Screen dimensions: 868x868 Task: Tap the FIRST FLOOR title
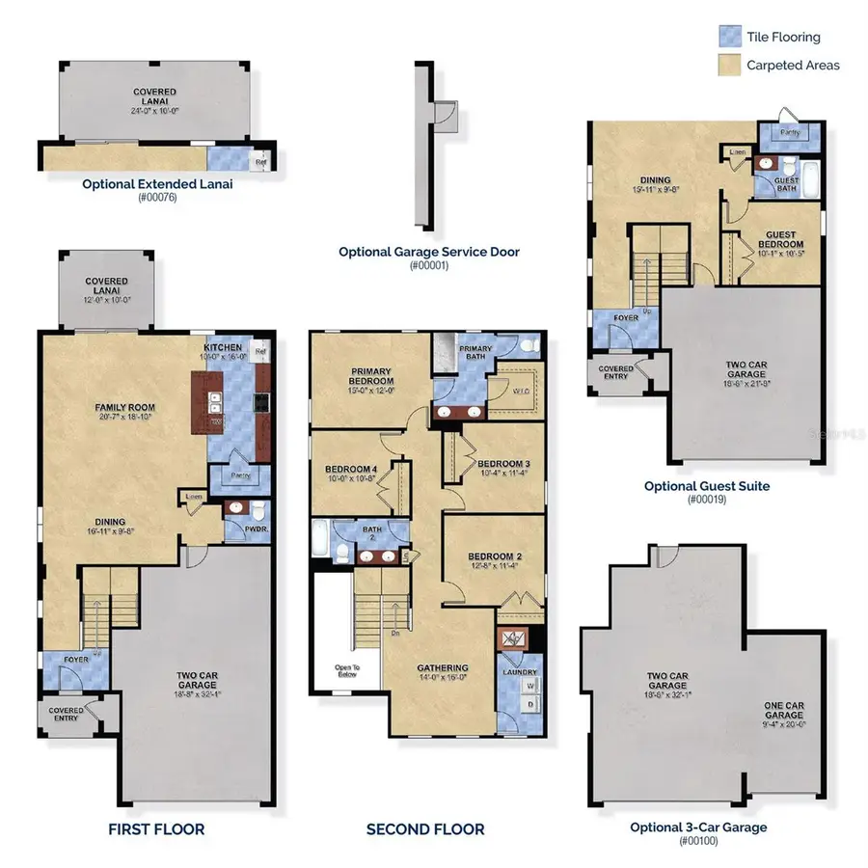pos(156,829)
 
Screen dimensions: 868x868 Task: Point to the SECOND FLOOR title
pos(425,829)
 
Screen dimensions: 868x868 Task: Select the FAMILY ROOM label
pos(124,408)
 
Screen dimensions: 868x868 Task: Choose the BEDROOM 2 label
pos(495,558)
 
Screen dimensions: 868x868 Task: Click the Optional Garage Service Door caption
pos(429,252)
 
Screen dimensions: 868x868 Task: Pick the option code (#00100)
pos(698,842)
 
